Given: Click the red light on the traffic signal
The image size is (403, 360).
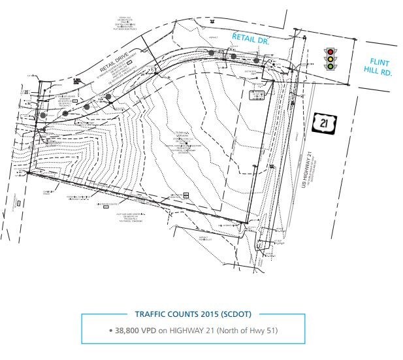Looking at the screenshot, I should click(330, 52).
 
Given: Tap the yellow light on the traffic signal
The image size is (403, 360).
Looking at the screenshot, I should click(330, 59).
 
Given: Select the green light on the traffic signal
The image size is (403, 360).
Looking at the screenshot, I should click(330, 66).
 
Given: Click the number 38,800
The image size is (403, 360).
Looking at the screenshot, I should click(129, 330).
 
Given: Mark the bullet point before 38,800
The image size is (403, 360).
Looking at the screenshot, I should click(111, 330).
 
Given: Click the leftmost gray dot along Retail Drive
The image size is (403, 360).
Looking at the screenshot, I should click(43, 115).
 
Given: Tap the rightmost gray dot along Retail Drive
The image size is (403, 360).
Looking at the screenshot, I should click(257, 60).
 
